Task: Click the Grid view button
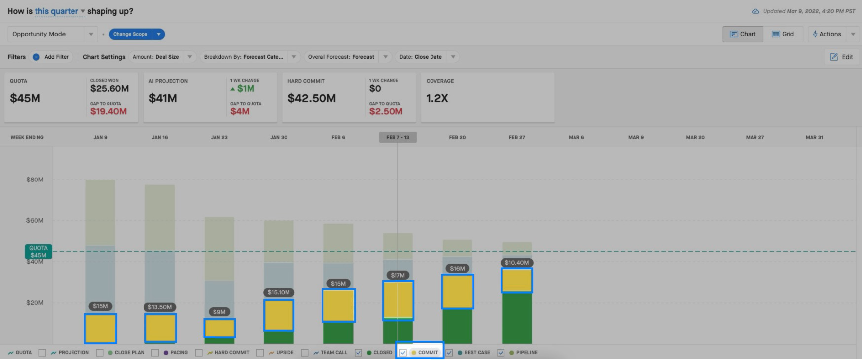[783, 34]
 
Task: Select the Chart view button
[743, 34]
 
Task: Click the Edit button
[842, 57]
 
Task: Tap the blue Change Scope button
[130, 34]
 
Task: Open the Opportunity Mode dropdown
[52, 34]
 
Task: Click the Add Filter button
[51, 57]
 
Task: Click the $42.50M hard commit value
[312, 98]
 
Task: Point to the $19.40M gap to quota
[108, 111]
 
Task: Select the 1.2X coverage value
[437, 98]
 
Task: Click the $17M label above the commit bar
[397, 275]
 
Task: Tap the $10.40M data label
[517, 263]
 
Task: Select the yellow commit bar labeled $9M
[219, 328]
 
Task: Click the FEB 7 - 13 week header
[398, 137]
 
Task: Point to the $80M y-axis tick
[35, 180]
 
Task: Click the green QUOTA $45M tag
[38, 252]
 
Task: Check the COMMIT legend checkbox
[403, 353]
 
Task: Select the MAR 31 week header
[814, 137]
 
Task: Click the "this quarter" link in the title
[56, 11]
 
